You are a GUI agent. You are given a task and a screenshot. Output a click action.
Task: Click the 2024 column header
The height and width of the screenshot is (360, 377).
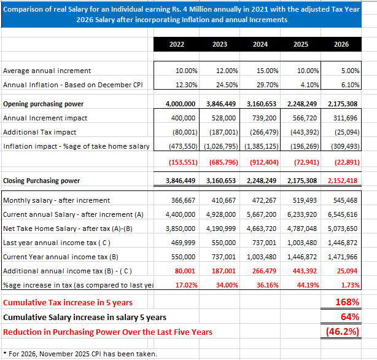260,44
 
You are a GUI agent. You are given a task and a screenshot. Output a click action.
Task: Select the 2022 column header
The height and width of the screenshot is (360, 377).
176,44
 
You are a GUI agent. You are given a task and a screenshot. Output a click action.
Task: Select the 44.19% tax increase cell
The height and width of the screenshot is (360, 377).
306,285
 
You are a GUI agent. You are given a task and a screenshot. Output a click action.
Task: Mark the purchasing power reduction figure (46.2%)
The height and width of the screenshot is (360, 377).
342,332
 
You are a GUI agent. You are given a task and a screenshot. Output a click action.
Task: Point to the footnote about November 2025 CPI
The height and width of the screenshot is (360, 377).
79,353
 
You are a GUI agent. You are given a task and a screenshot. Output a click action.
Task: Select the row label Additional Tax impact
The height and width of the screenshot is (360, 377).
39,132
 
